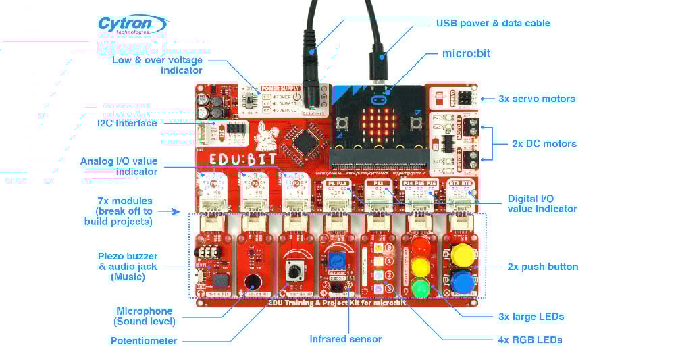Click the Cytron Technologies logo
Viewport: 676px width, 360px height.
tap(132, 26)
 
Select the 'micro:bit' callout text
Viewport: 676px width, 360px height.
tap(466, 53)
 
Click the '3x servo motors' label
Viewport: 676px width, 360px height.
tap(537, 99)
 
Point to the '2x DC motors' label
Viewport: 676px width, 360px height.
tap(544, 144)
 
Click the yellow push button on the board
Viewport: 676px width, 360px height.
tap(463, 255)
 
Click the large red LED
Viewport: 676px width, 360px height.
tap(421, 245)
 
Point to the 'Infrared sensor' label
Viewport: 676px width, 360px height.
tap(345, 339)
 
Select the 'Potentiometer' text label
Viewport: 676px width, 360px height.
tap(144, 341)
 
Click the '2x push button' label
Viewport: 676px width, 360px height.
tap(542, 267)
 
